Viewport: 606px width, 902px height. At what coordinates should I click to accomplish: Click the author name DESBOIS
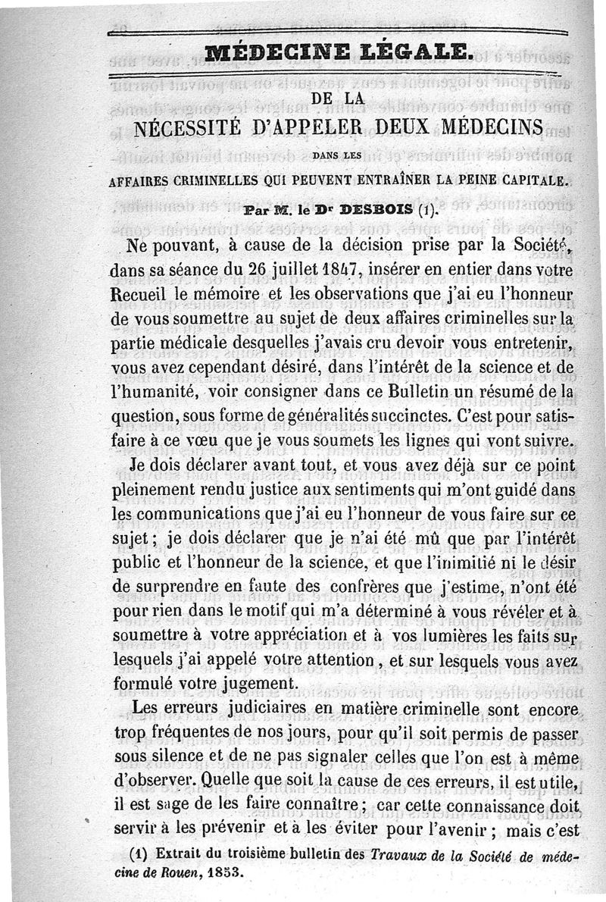[373, 210]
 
